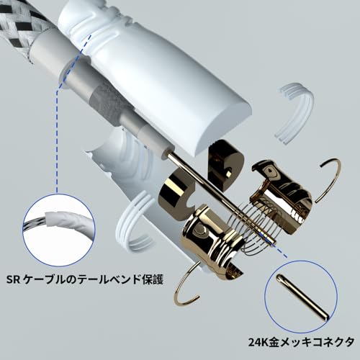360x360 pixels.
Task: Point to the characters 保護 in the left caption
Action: [x=157, y=279]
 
